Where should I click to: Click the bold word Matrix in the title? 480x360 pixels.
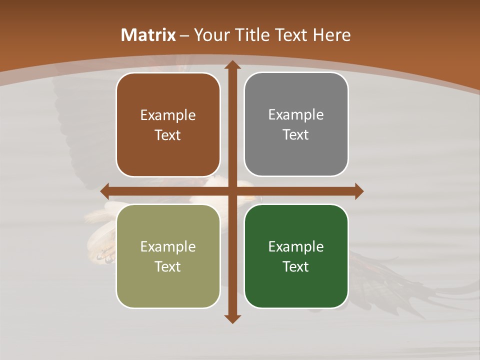(x=148, y=35)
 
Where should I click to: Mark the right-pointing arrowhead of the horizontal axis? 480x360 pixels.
(x=358, y=191)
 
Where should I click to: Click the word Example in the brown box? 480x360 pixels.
(x=168, y=115)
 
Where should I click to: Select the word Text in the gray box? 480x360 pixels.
(x=296, y=134)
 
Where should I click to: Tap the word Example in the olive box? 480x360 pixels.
(x=168, y=246)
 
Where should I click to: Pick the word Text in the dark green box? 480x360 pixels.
(x=296, y=266)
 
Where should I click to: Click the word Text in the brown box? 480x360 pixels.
(x=168, y=135)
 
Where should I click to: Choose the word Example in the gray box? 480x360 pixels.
(x=296, y=114)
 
